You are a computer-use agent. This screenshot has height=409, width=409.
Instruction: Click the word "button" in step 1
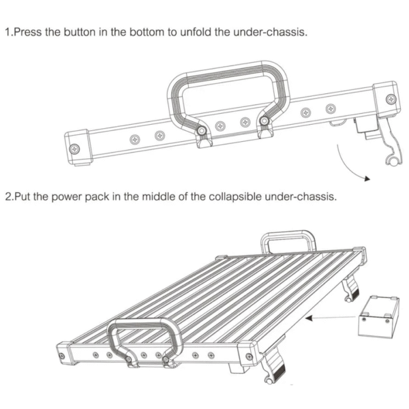80,32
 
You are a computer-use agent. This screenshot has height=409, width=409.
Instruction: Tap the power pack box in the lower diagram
379,316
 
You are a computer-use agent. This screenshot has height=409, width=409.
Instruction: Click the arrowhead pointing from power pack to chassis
309,318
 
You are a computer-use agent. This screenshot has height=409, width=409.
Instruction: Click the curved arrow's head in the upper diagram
367,179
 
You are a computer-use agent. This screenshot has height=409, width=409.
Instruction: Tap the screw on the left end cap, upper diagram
75,149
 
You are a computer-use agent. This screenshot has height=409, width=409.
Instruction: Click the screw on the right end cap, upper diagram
391,100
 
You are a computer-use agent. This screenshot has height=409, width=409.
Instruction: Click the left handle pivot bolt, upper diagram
201,130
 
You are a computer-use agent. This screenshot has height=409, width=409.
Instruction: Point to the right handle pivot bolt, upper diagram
264,121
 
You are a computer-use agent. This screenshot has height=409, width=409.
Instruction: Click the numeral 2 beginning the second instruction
8,196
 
